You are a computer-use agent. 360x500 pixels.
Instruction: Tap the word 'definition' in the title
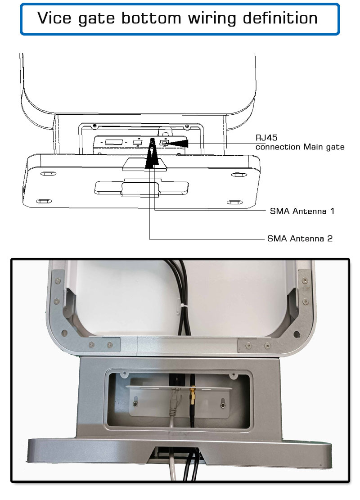tap(280, 18)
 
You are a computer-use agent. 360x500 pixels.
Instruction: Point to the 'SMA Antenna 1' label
tap(301, 211)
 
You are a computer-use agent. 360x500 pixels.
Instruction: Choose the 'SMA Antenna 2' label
tap(300, 239)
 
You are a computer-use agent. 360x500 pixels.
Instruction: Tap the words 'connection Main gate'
tap(300, 147)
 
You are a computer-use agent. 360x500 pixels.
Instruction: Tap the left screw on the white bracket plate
tap(136, 405)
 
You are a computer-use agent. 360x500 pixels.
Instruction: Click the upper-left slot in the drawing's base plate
tap(46, 174)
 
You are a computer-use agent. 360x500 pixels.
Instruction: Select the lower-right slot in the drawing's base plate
tap(234, 202)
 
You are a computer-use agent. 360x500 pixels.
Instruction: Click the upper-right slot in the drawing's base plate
tap(236, 174)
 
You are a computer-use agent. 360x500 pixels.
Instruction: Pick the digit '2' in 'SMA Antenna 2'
tap(330, 239)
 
